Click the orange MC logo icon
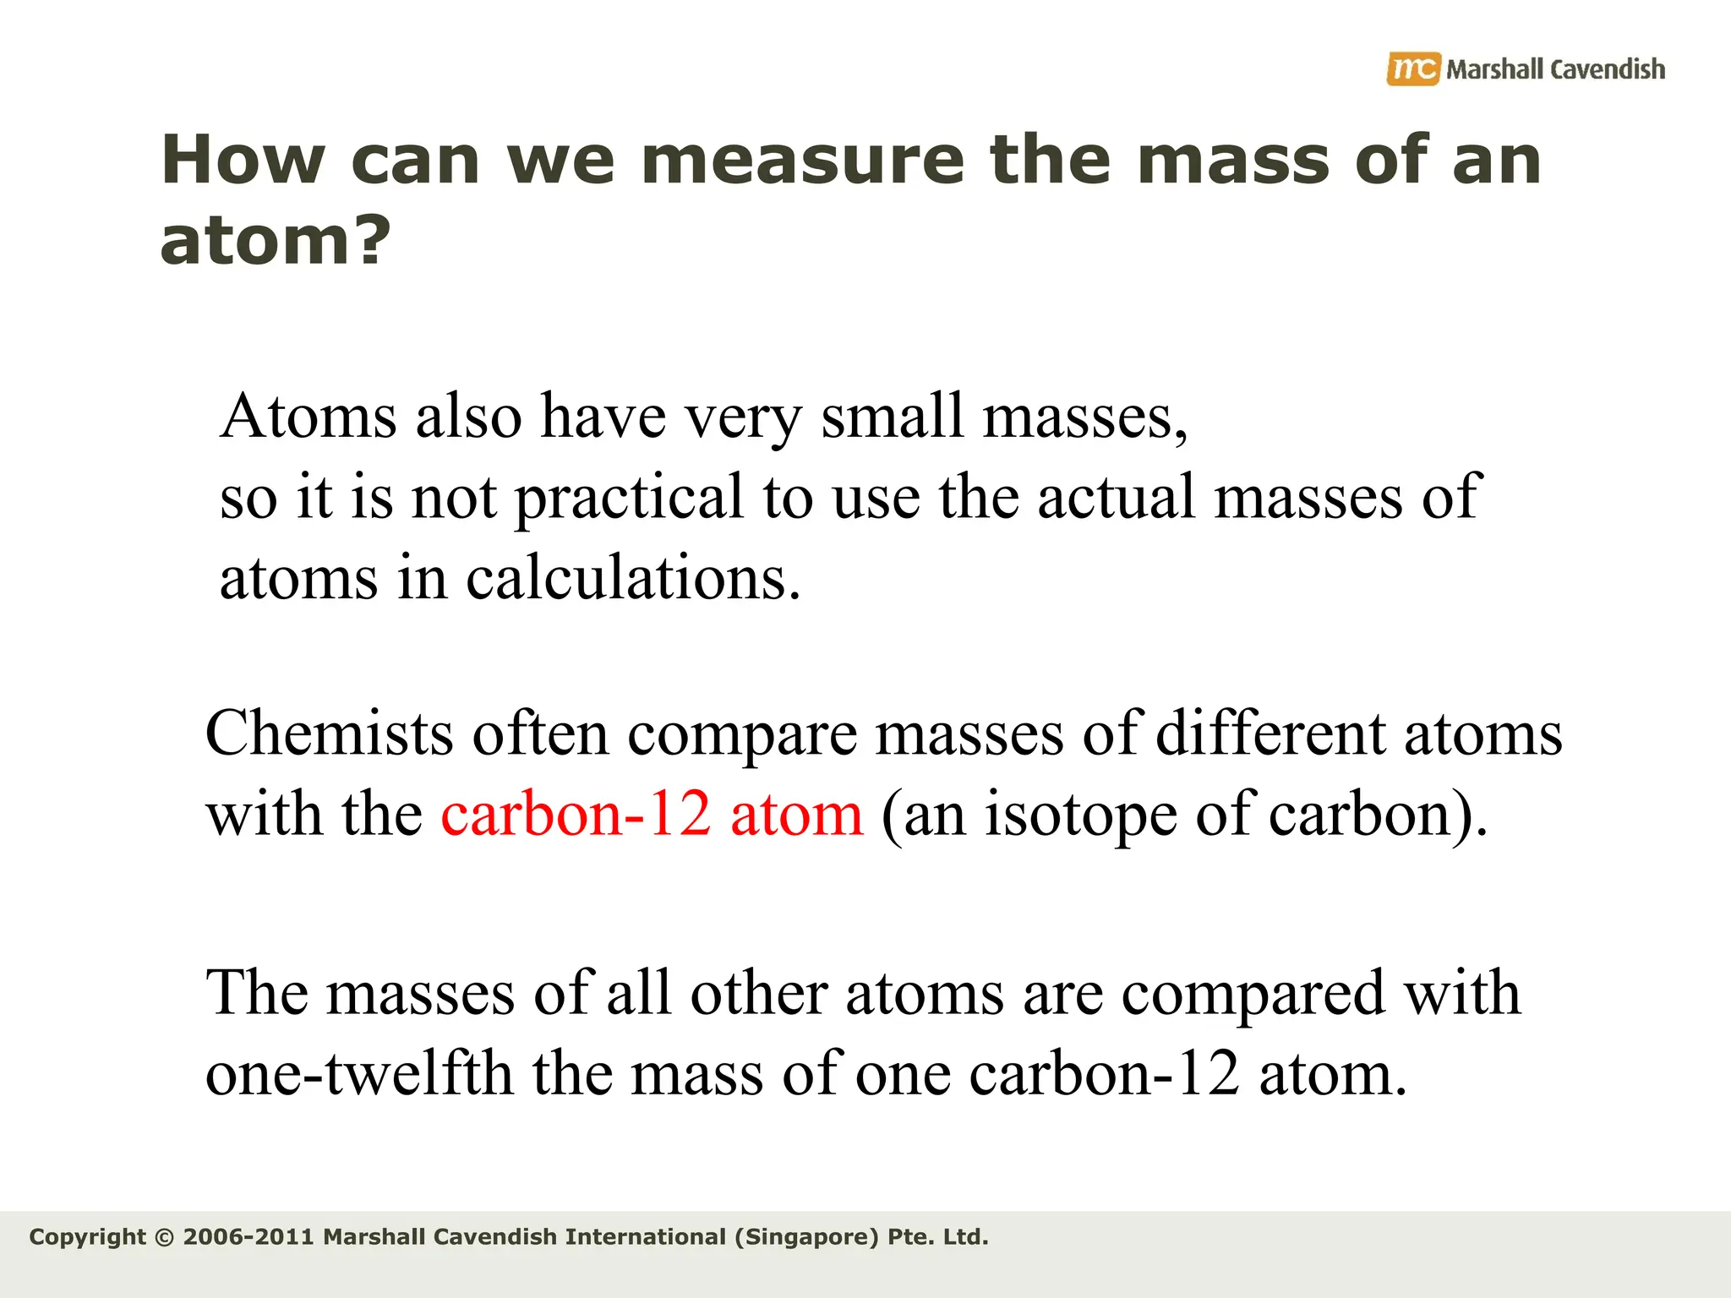(x=1412, y=69)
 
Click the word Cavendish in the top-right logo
(x=1608, y=69)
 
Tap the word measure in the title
(x=802, y=161)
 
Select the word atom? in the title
(x=276, y=241)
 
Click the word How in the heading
(x=243, y=161)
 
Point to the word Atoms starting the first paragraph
(x=308, y=417)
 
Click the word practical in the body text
(x=629, y=498)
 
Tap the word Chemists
(x=329, y=734)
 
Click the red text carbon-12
(x=576, y=815)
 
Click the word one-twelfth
(x=359, y=1074)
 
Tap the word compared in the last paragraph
(x=1253, y=994)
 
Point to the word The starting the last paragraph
(x=256, y=992)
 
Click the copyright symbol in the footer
(x=165, y=1238)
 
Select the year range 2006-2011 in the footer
(x=248, y=1237)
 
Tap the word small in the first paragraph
(x=892, y=417)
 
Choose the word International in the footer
(x=645, y=1237)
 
